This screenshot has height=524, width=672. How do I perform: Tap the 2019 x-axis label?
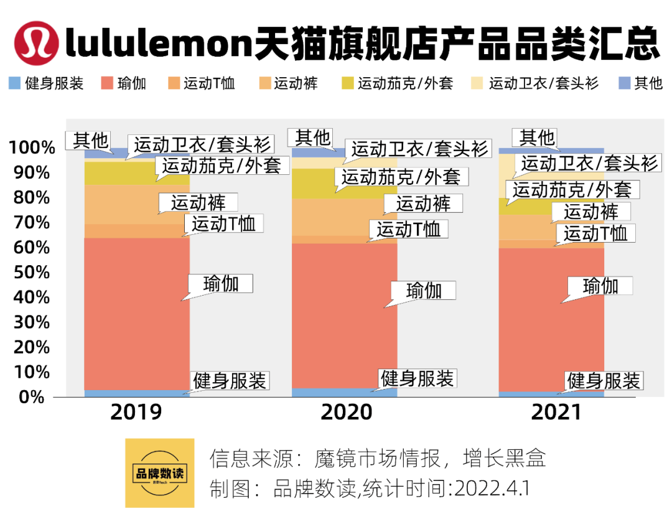[136, 412]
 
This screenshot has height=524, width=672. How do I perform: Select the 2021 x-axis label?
[556, 412]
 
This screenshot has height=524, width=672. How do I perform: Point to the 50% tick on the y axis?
[29, 273]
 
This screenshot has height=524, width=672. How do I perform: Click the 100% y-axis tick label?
[32, 148]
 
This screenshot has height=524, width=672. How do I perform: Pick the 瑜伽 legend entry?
[124, 83]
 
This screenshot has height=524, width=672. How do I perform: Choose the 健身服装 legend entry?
[47, 83]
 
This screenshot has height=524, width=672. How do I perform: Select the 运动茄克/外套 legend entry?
[398, 83]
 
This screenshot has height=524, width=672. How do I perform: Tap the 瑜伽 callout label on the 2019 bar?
[221, 284]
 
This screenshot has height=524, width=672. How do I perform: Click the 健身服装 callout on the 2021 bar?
[604, 380]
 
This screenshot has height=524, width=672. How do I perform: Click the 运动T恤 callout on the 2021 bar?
[595, 233]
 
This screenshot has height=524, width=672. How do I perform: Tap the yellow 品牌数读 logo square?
[160, 473]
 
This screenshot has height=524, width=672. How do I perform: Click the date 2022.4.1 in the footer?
[492, 488]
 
